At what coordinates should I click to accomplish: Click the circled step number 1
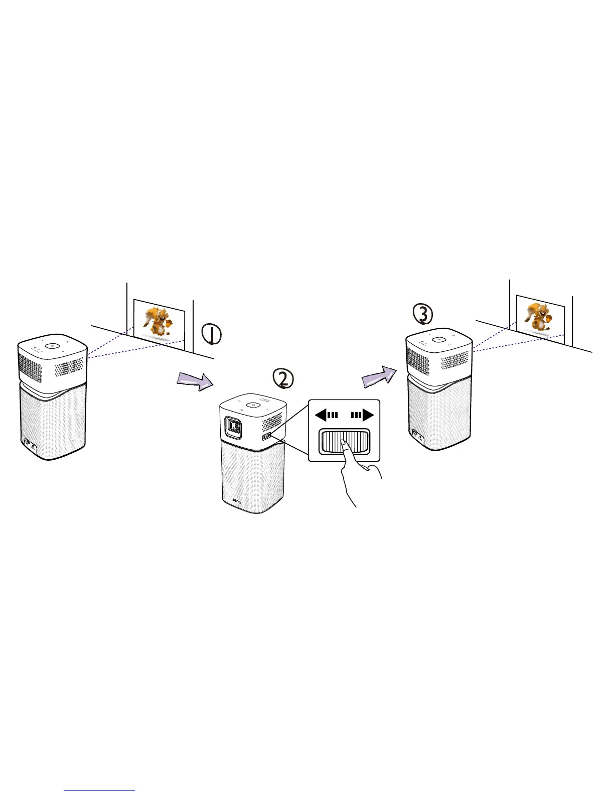click(x=212, y=334)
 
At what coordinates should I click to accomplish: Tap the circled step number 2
click(x=282, y=378)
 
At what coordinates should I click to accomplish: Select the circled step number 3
click(x=422, y=314)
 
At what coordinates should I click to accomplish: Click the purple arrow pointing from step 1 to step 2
click(x=196, y=380)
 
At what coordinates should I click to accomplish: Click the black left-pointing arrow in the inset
click(x=327, y=415)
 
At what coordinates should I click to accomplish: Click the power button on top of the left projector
click(x=52, y=346)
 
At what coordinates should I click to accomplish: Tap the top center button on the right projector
click(x=439, y=339)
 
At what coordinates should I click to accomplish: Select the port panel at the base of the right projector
click(x=416, y=433)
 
